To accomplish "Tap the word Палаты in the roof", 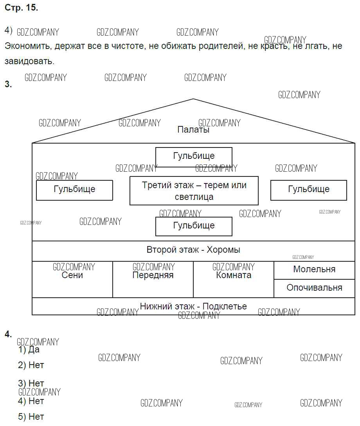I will pyautogui.click(x=193, y=129).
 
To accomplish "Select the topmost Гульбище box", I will pyautogui.click(x=194, y=156).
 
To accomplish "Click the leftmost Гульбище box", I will pyautogui.click(x=74, y=190).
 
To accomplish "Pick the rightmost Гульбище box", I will pyautogui.click(x=308, y=190).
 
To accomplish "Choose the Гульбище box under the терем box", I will pyautogui.click(x=194, y=226).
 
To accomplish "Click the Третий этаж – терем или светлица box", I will pyautogui.click(x=194, y=191).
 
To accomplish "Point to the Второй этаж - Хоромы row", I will pyautogui.click(x=193, y=250).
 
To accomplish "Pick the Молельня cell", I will pyautogui.click(x=314, y=270).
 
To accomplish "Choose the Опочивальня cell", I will pyautogui.click(x=314, y=288).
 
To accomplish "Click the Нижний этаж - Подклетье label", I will pyautogui.click(x=193, y=306).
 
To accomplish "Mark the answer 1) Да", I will pyautogui.click(x=29, y=350).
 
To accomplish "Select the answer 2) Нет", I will pyautogui.click(x=31, y=365).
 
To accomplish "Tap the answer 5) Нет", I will pyautogui.click(x=31, y=417).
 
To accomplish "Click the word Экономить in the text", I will pyautogui.click(x=28, y=46).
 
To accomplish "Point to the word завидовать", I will pyautogui.click(x=29, y=61).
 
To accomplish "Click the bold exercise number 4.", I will pyautogui.click(x=8, y=334).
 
